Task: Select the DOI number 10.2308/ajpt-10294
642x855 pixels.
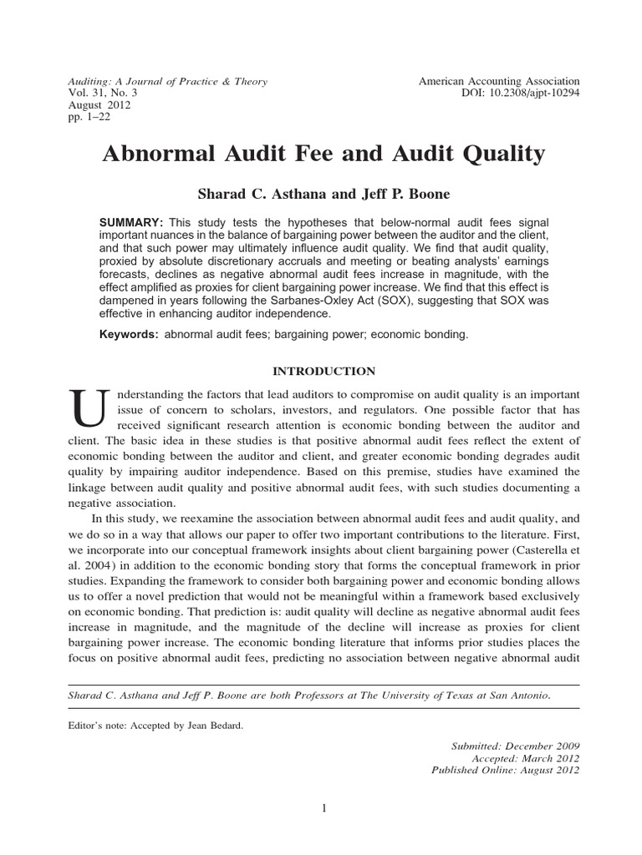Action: [533, 94]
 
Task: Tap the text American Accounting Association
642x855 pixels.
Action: [499, 81]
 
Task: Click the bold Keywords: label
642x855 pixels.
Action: [129, 334]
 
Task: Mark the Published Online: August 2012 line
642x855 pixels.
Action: [505, 770]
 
